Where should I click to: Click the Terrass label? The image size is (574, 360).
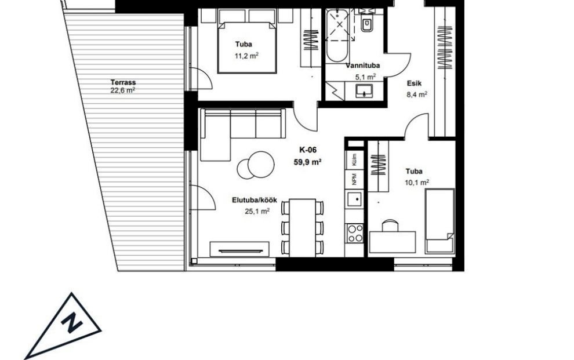pyautogui.click(x=123, y=82)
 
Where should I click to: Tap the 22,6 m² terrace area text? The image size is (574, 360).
pyautogui.click(x=123, y=90)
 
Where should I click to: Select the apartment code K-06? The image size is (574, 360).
pyautogui.click(x=307, y=150)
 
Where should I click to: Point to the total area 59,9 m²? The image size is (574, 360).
pyautogui.click(x=307, y=162)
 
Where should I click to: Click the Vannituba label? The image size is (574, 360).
pyautogui.click(x=363, y=66)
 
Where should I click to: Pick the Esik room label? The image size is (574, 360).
pyautogui.click(x=415, y=83)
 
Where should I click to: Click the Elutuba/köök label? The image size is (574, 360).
pyautogui.click(x=255, y=200)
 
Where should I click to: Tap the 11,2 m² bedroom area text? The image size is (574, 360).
pyautogui.click(x=247, y=56)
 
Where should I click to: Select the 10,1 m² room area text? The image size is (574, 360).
pyautogui.click(x=417, y=182)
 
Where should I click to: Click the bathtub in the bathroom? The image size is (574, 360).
pyautogui.click(x=337, y=36)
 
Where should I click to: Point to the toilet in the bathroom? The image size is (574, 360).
pyautogui.click(x=366, y=22)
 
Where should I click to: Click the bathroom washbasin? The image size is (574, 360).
pyautogui.click(x=364, y=91)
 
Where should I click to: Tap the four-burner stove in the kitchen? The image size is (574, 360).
pyautogui.click(x=355, y=234)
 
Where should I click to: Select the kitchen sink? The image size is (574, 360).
pyautogui.click(x=355, y=200)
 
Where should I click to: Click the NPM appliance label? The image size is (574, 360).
pyautogui.click(x=354, y=179)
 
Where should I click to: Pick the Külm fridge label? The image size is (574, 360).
pyautogui.click(x=354, y=160)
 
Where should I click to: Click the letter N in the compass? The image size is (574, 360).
pyautogui.click(x=72, y=323)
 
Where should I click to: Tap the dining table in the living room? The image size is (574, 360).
pyautogui.click(x=303, y=228)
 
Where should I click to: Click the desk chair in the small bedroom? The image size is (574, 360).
pyautogui.click(x=390, y=226)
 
